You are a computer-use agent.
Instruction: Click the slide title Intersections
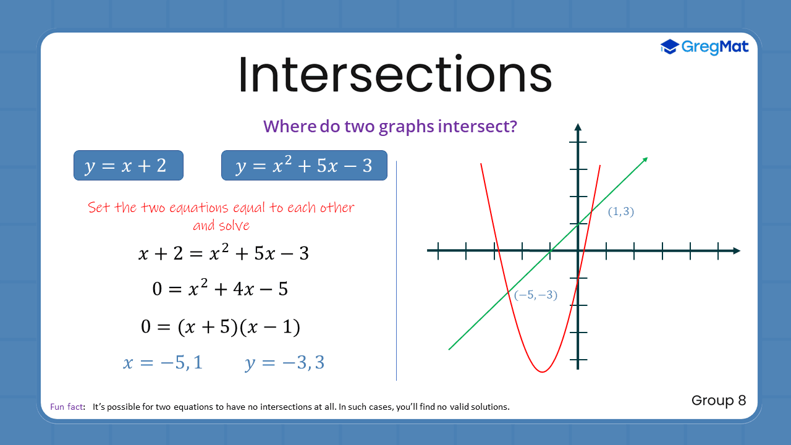pos(394,74)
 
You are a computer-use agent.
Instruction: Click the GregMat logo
pos(704,46)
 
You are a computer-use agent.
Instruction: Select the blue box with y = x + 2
pos(129,166)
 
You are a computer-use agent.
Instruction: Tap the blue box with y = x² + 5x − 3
pos(304,166)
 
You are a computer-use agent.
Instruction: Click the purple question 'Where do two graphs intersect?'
pos(390,126)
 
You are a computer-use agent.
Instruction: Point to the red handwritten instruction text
pos(221,216)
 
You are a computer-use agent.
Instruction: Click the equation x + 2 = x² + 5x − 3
pos(223,253)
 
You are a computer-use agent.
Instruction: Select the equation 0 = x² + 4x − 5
pos(220,289)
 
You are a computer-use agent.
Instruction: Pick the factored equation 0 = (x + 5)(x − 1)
pos(221,326)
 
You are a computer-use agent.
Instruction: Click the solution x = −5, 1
pos(163,363)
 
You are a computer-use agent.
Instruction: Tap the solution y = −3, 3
pos(284,363)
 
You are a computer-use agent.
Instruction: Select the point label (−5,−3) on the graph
pos(536,295)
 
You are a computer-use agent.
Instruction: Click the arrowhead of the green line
pos(645,160)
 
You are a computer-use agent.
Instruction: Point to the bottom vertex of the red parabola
pos(542,371)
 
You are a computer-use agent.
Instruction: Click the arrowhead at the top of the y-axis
pos(578,127)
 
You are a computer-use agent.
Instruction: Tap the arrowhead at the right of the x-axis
pos(736,250)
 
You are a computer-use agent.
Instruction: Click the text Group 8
pos(719,400)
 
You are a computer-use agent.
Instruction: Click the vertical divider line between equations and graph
pos(396,271)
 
